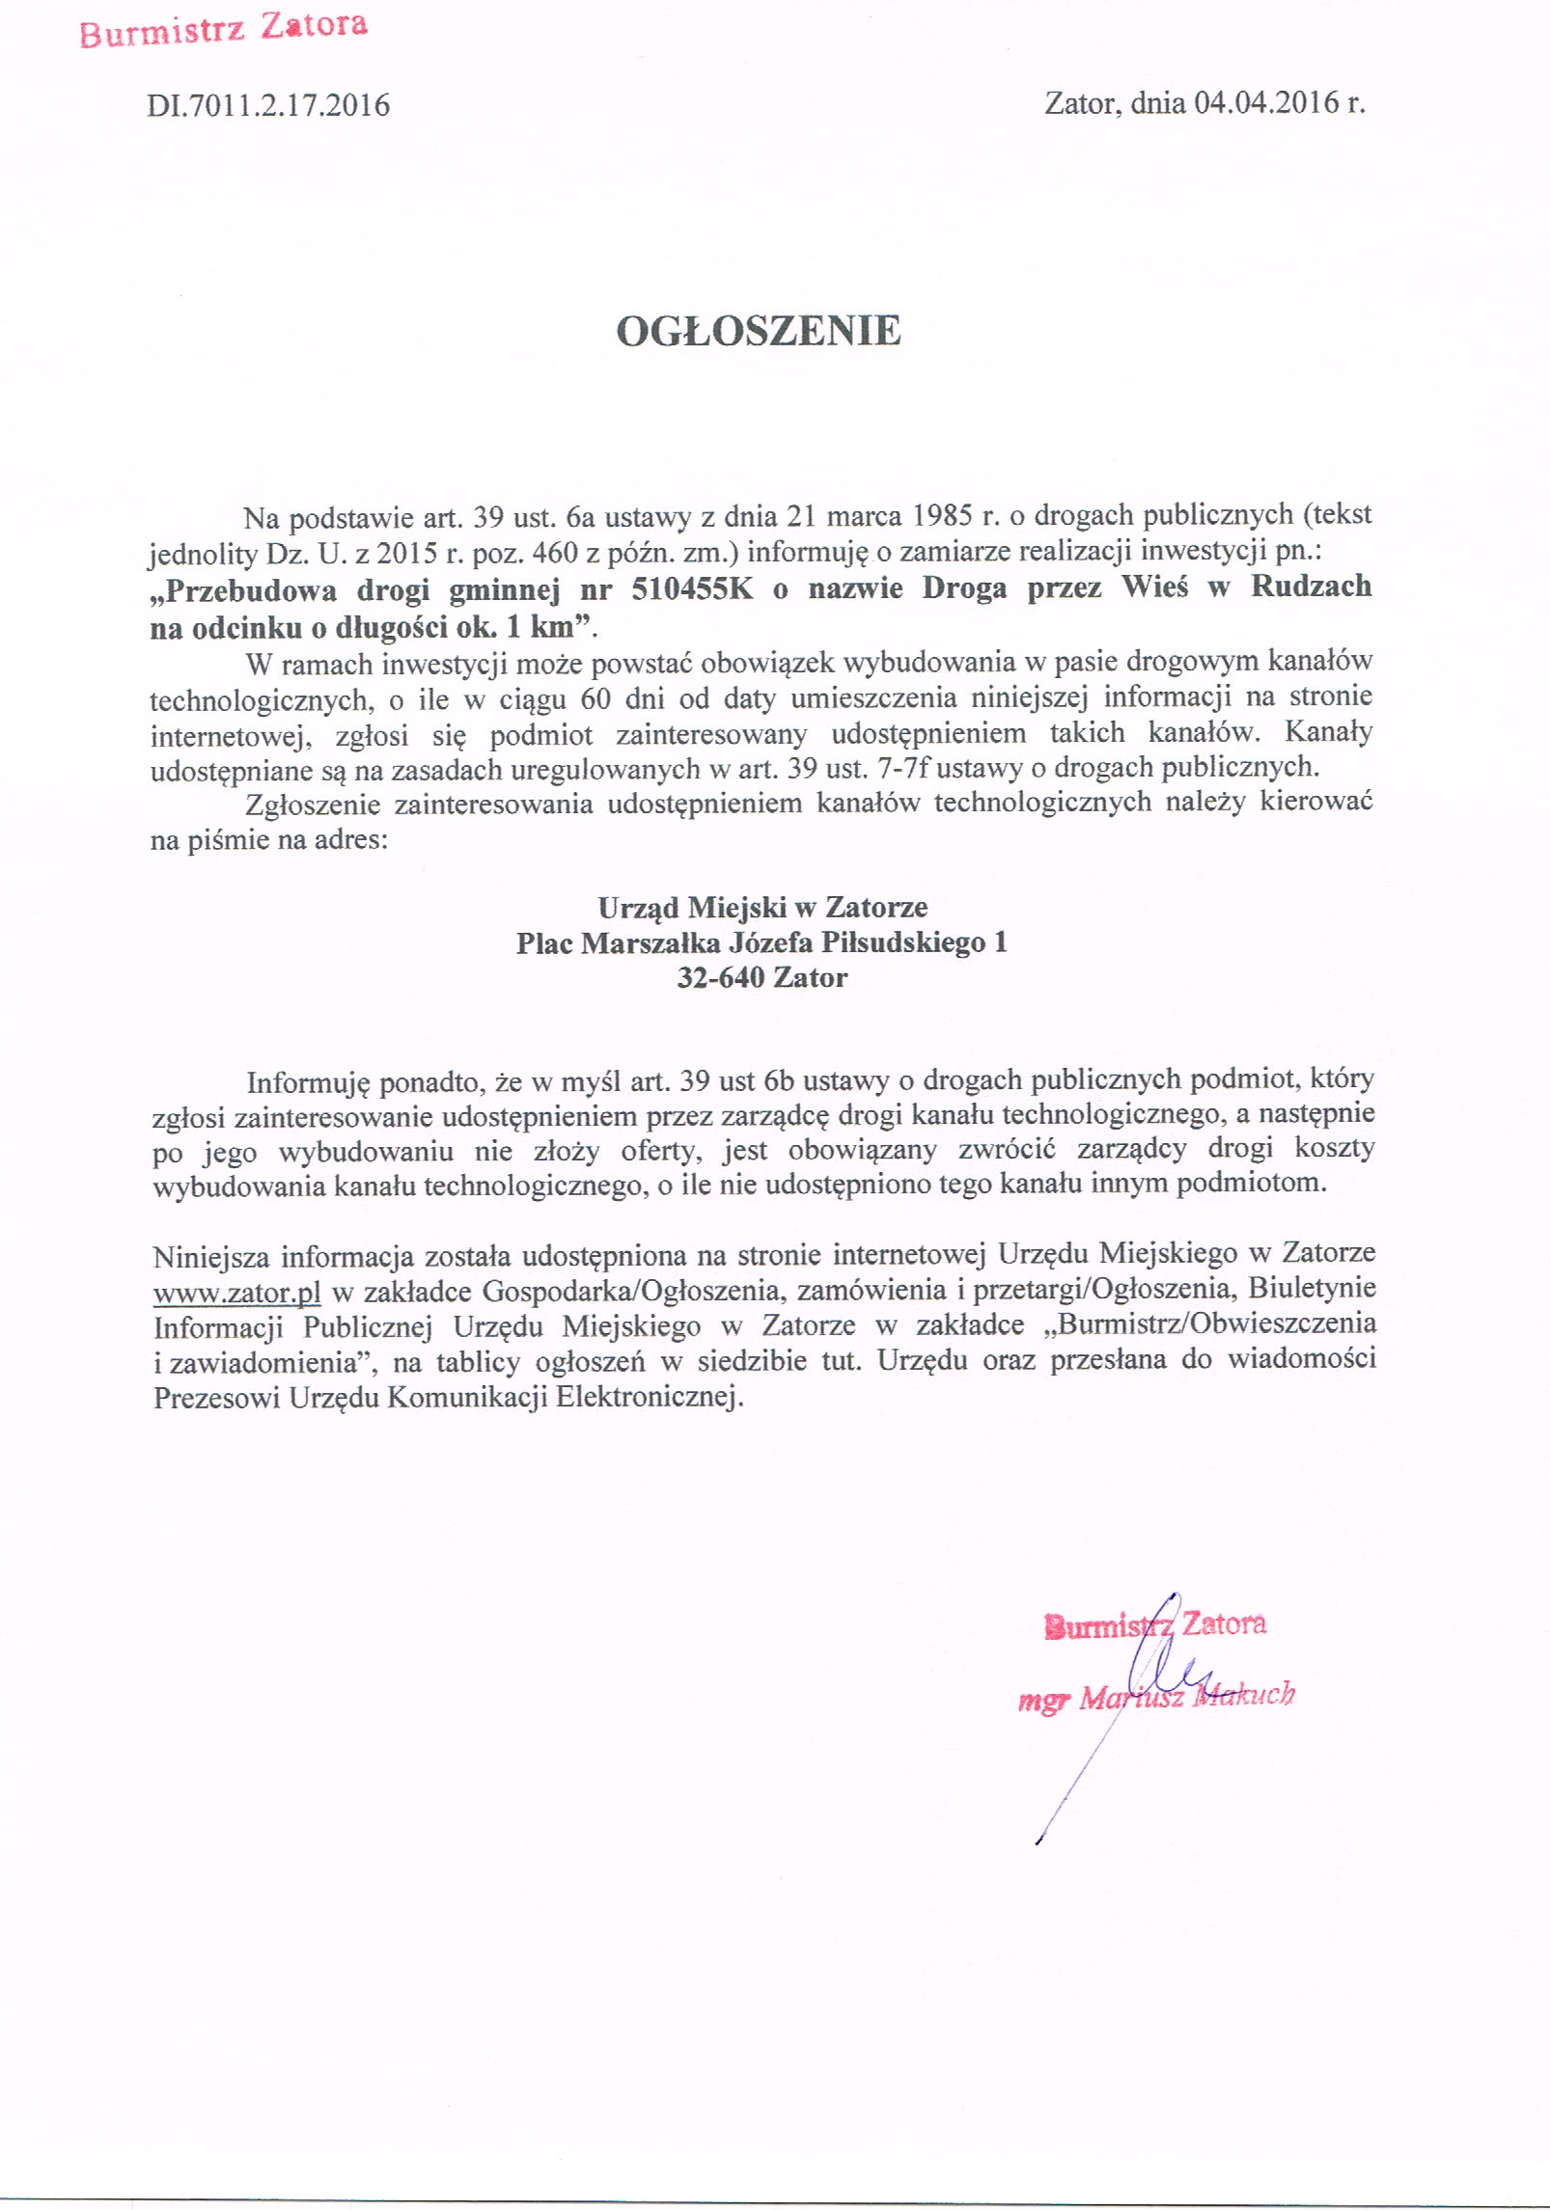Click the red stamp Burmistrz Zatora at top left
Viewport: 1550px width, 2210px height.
tap(223, 29)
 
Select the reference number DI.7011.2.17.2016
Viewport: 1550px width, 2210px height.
tap(268, 105)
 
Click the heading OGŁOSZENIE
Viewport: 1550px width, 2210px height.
tap(759, 331)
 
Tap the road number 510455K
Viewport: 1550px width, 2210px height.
tap(692, 588)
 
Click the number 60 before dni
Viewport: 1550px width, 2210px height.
tap(595, 697)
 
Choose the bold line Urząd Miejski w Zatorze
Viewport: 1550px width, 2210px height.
tap(762, 907)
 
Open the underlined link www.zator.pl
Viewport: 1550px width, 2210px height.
tap(236, 1292)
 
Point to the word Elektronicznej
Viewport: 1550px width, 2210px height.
tap(649, 1397)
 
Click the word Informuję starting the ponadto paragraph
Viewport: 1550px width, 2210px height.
tap(308, 1082)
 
